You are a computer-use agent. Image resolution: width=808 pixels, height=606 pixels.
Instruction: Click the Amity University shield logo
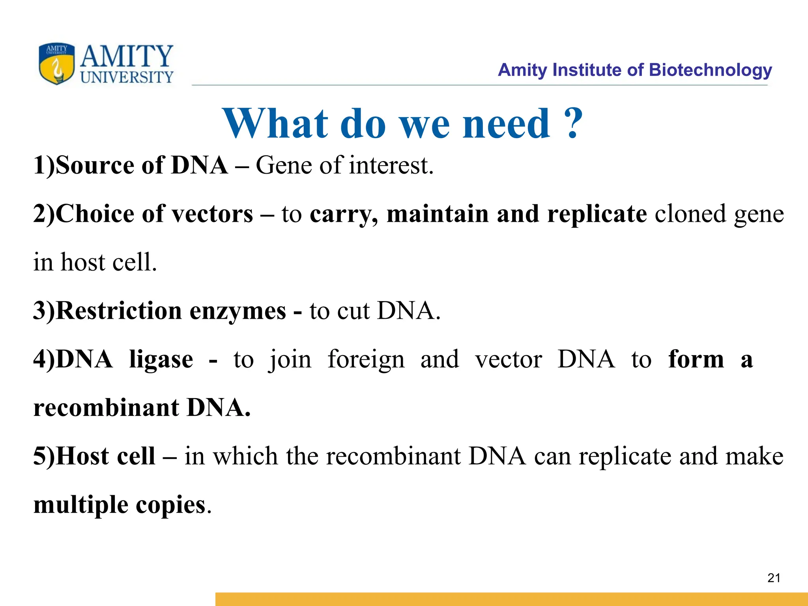(56, 64)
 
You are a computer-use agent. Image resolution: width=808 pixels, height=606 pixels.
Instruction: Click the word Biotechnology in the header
(710, 70)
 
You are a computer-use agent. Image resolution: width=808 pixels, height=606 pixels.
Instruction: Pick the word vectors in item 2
(213, 214)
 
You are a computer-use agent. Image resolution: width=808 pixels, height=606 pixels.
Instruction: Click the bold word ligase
(161, 360)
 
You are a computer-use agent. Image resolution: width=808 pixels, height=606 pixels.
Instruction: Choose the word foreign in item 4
(366, 360)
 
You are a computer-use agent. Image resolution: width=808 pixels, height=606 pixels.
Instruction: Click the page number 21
(774, 578)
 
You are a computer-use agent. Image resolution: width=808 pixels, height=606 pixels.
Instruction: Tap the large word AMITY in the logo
(126, 56)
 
